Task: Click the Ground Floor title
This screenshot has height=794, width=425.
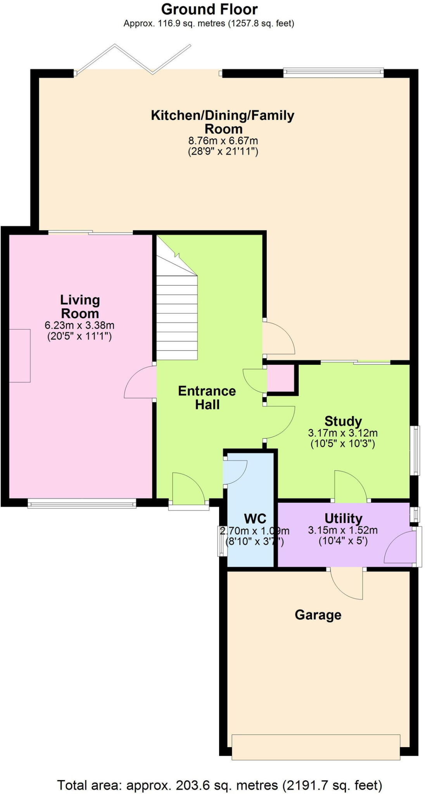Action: point(209,9)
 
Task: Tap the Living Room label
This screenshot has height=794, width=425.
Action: point(80,306)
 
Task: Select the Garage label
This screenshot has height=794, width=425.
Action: point(318,615)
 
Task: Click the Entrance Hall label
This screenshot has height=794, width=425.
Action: point(207,397)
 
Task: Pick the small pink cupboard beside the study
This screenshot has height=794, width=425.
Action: point(281,378)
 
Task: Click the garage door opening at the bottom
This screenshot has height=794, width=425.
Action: point(316,747)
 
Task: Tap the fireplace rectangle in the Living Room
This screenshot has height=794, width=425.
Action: point(20,356)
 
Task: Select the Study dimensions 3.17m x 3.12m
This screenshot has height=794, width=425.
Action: point(343,433)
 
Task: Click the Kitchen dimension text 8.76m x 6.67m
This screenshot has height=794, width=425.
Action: point(223,141)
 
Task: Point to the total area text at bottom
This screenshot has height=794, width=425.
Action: point(219,785)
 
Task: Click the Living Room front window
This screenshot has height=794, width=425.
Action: point(82,504)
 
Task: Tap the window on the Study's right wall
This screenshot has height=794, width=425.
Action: point(415,450)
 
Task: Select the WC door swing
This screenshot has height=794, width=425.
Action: point(235,471)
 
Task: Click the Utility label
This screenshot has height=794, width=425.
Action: point(343,518)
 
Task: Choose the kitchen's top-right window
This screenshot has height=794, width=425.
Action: point(333,72)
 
